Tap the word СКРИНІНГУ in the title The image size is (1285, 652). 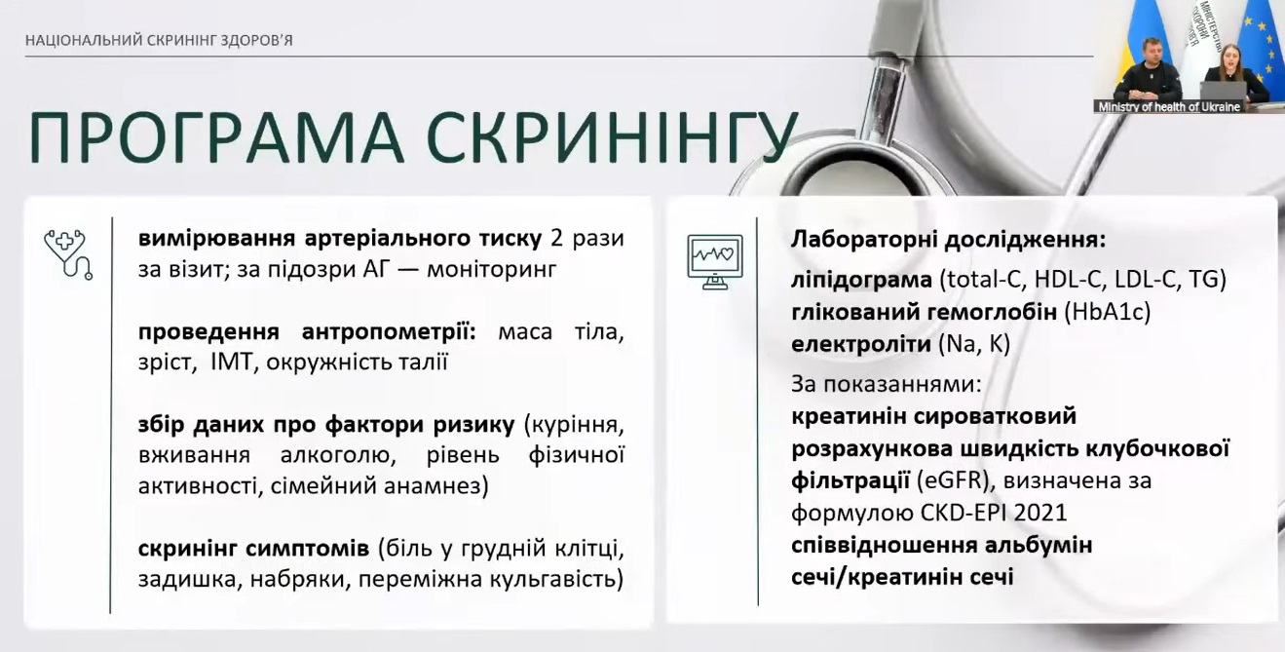612,137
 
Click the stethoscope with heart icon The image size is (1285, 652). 68,254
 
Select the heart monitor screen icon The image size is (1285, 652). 715,262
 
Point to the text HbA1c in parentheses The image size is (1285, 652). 1107,312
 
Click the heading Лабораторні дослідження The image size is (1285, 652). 948,240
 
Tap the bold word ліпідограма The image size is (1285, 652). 861,280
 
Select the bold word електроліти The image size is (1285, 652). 861,344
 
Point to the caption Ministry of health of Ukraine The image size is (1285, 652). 1169,107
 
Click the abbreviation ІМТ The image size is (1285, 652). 232,363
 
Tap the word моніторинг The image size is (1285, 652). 492,269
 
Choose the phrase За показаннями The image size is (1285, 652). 886,383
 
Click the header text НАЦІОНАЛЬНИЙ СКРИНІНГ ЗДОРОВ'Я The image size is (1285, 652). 159,41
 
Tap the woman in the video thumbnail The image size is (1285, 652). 1234,73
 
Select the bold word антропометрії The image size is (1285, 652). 389,331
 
